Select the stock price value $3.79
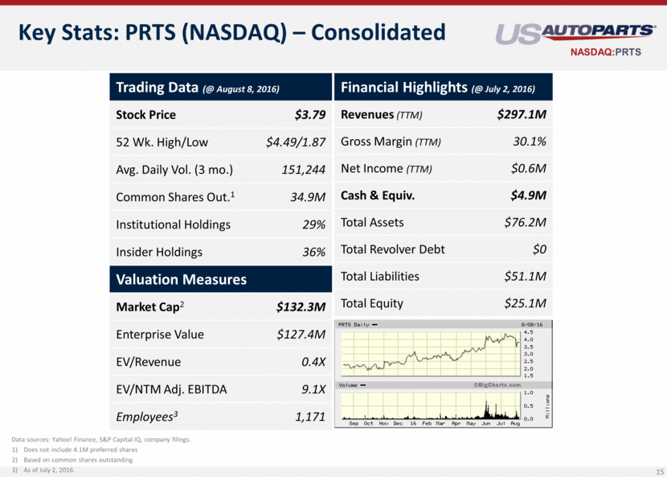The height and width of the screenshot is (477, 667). [x=309, y=114]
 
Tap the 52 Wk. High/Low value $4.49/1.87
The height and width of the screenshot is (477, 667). [x=296, y=142]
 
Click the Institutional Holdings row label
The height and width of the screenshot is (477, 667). [x=173, y=224]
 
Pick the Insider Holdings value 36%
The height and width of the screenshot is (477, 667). [x=313, y=253]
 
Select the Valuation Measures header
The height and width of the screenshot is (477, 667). [x=181, y=279]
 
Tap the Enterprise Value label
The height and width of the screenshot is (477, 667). [x=160, y=334]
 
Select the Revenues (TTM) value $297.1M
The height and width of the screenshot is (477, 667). [x=522, y=114]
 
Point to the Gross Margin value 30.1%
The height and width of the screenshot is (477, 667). [x=530, y=142]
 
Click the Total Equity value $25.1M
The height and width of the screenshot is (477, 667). [x=526, y=303]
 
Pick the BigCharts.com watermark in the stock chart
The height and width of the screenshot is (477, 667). [x=492, y=385]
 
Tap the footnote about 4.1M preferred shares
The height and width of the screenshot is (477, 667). [x=80, y=450]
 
